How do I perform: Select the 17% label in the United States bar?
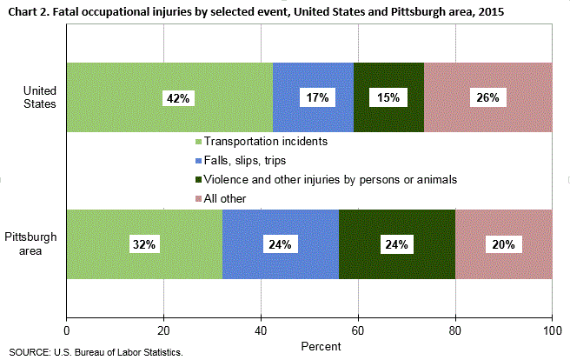pyautogui.click(x=315, y=97)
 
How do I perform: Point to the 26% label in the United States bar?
pyautogui.click(x=487, y=97)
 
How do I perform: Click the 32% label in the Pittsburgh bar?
pyautogui.click(x=144, y=244)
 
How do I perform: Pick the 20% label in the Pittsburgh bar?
pyautogui.click(x=503, y=244)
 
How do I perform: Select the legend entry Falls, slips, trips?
pyautogui.click(x=244, y=160)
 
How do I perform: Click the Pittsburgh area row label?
pyautogui.click(x=31, y=244)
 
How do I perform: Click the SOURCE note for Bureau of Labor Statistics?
pyautogui.click(x=96, y=352)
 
